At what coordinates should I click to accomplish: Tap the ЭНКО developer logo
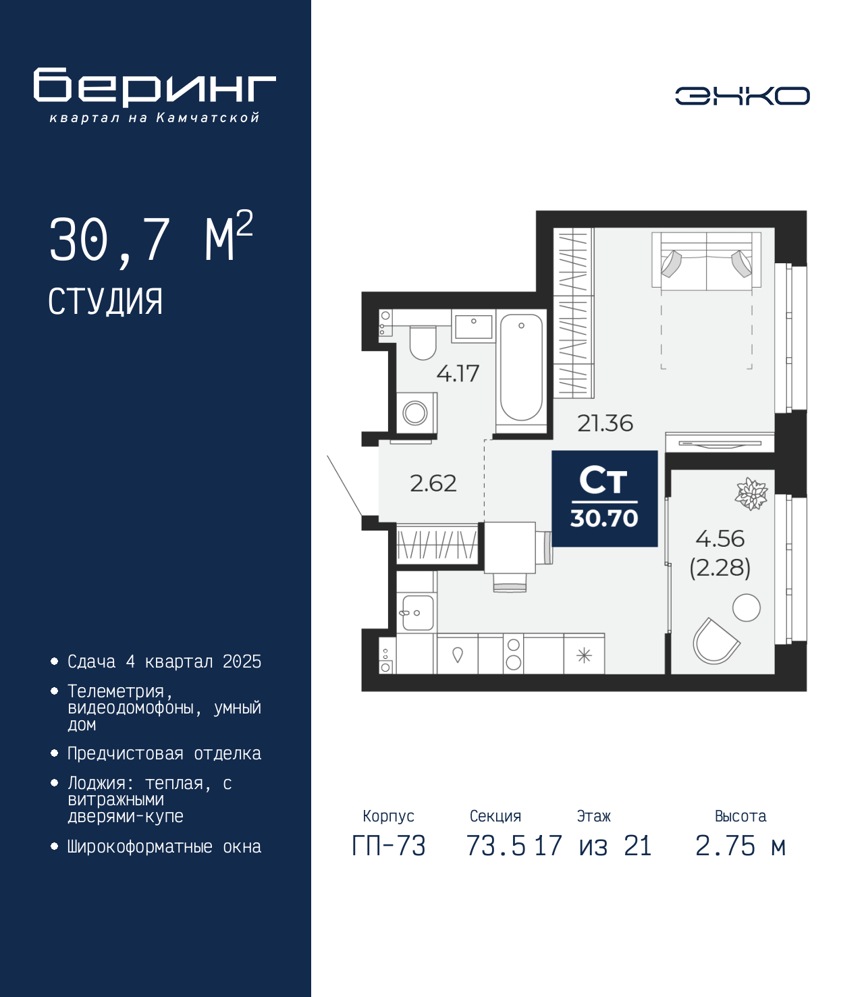coord(742,95)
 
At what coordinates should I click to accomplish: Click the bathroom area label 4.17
coord(458,374)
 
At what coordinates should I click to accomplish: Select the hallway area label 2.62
coord(433,483)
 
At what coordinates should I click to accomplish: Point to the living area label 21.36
coord(605,423)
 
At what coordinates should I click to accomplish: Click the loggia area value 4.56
coord(720,538)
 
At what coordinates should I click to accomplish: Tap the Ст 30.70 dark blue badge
coord(604,498)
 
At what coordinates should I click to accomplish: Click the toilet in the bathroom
coord(423,342)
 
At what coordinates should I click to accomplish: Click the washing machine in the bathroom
coord(416,413)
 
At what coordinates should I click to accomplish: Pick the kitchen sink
coord(417,612)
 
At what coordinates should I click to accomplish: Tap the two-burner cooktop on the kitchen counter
coord(513,654)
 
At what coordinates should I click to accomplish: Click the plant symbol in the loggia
coord(751,493)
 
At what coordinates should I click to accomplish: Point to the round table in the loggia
coord(747,608)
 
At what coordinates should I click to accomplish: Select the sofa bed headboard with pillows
coord(706,261)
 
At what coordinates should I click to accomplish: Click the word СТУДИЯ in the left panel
coord(105,302)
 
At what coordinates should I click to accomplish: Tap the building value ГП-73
coord(388,846)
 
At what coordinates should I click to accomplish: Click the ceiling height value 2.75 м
coord(740,846)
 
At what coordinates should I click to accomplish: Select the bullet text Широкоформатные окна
coord(164,846)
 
